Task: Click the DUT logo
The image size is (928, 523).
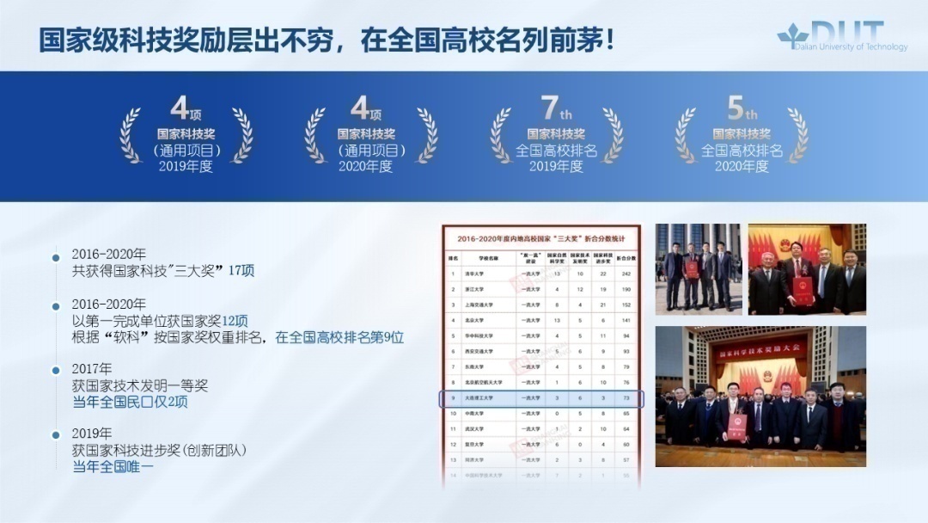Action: click(842, 37)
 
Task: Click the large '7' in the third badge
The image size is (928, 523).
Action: click(550, 108)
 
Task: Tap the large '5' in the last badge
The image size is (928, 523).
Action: click(736, 108)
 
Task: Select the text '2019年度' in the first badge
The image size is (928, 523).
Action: click(186, 166)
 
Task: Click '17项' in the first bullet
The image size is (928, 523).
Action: click(241, 270)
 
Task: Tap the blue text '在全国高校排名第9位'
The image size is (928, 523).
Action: click(339, 337)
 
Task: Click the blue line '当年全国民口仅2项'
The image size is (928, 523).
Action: click(130, 402)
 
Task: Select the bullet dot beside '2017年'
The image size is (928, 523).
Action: click(56, 370)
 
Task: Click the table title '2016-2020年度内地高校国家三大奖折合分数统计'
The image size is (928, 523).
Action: click(541, 238)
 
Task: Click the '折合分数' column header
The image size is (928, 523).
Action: click(626, 256)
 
